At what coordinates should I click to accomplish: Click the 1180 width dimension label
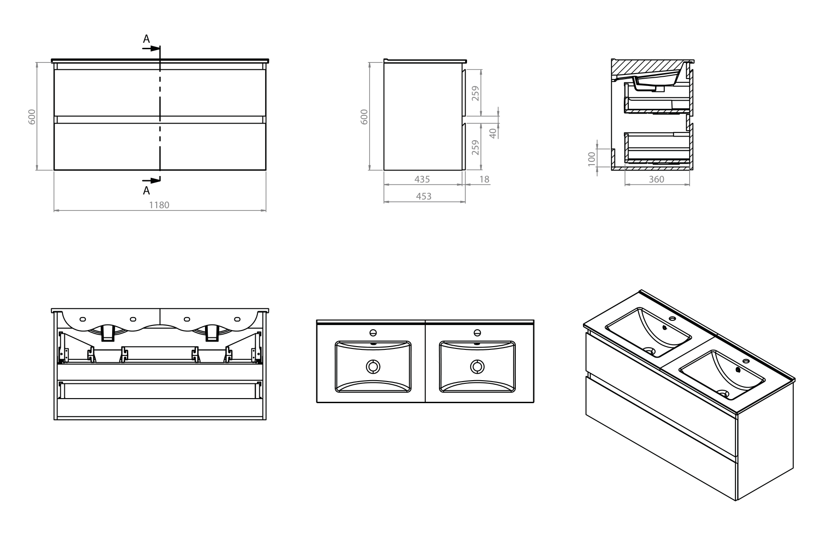159,205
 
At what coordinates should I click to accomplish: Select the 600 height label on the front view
32,117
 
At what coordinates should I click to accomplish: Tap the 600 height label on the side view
364,117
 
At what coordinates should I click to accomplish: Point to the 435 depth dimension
422,179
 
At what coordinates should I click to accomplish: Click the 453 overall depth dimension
424,196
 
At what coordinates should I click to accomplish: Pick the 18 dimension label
485,179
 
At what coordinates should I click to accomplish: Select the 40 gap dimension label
493,133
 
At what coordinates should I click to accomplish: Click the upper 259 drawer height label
475,94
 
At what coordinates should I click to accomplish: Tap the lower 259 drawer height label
475,148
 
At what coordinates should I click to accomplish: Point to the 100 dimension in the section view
592,159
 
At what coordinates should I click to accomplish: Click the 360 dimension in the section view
656,179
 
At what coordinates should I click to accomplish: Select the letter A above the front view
146,39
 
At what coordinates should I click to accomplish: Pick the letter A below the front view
146,190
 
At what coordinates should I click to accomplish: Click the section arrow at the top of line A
151,48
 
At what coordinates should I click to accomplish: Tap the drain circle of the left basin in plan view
373,366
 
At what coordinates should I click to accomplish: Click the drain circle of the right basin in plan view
477,366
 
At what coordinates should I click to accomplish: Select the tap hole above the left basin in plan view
373,332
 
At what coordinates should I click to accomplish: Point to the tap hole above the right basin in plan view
477,332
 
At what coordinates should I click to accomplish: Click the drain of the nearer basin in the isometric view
723,393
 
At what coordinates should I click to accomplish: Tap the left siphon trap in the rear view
108,333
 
